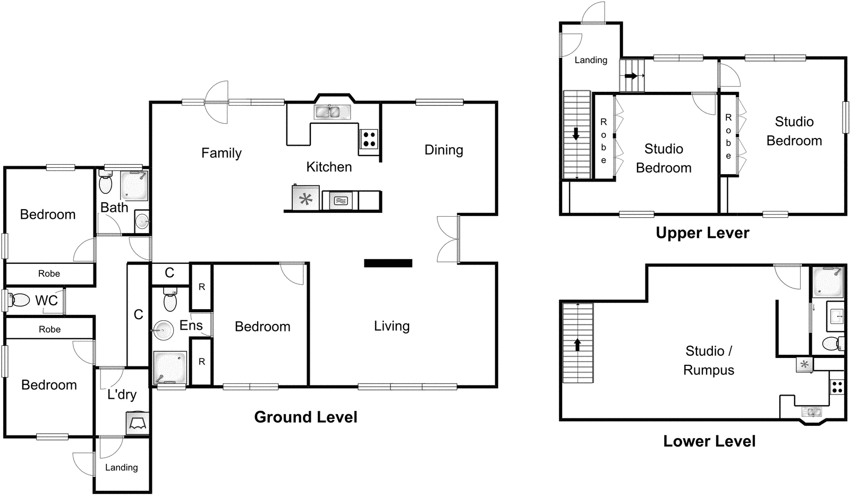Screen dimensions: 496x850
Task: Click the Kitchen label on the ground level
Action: click(329, 167)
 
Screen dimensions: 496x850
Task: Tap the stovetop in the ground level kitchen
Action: click(369, 139)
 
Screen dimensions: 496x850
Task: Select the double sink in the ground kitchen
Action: click(331, 112)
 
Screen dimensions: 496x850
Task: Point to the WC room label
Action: click(46, 301)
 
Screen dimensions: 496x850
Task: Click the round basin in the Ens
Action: click(164, 330)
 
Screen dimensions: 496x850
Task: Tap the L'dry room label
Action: click(122, 395)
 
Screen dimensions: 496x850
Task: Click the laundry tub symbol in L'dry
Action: click(138, 423)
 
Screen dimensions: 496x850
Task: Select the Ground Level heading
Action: click(305, 417)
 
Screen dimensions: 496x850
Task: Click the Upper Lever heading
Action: click(702, 233)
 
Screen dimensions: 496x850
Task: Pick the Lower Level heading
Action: click(709, 441)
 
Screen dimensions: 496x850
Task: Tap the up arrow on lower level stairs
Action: click(577, 345)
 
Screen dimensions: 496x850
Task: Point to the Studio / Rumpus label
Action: click(709, 361)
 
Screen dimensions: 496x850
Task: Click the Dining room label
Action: click(444, 150)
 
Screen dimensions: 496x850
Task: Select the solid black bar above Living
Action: click(388, 263)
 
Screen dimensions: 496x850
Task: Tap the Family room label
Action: click(222, 153)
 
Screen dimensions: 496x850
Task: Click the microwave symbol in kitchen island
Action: click(341, 201)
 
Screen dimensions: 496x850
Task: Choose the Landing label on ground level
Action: click(121, 467)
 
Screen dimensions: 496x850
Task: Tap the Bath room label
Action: click(114, 208)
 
